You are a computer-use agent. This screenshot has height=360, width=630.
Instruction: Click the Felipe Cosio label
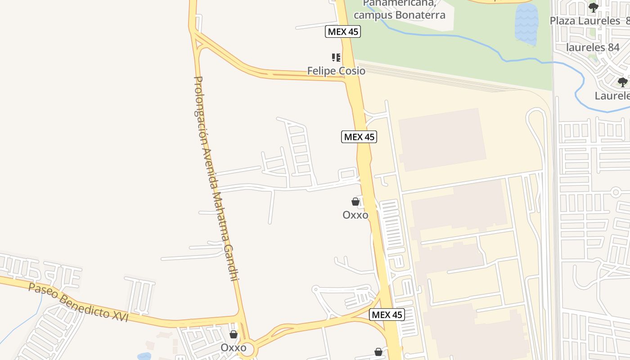pos(336,71)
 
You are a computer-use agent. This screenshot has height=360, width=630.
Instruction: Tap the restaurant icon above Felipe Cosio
pos(336,58)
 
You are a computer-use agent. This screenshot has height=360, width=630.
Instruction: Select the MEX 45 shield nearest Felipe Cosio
pos(343,31)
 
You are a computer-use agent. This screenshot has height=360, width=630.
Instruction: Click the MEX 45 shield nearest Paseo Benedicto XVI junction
pos(387,315)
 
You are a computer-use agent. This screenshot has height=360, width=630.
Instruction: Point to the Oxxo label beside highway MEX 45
pos(355,215)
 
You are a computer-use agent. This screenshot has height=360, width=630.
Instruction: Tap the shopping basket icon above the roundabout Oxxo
pos(233,334)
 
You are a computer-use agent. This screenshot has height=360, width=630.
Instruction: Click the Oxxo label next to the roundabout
pos(233,348)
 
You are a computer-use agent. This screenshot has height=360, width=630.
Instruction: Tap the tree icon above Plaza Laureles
pos(594,8)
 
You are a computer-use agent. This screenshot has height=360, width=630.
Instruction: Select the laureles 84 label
pos(593,47)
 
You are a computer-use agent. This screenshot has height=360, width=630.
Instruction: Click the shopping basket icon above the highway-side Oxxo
pos(355,202)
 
